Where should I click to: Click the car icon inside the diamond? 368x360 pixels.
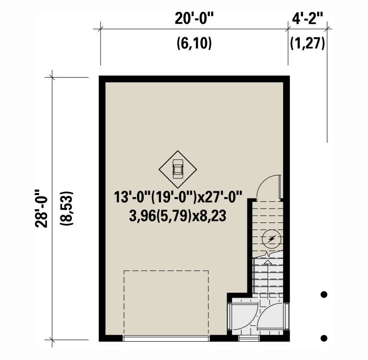(x=178, y=168)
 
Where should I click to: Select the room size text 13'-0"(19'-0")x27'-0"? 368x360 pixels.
(x=179, y=197)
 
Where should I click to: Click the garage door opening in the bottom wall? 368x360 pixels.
(x=166, y=338)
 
